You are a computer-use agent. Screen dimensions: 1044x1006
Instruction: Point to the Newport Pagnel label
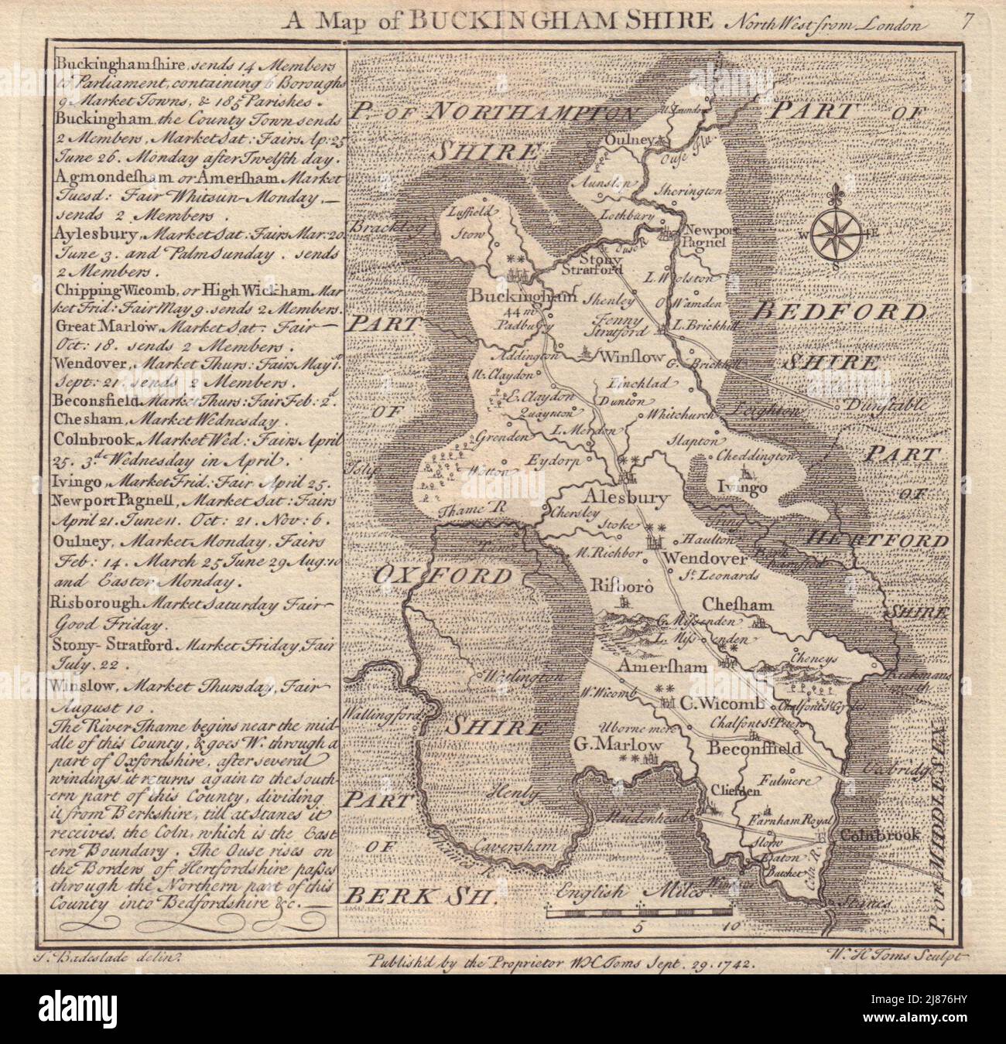pyautogui.click(x=699, y=235)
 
